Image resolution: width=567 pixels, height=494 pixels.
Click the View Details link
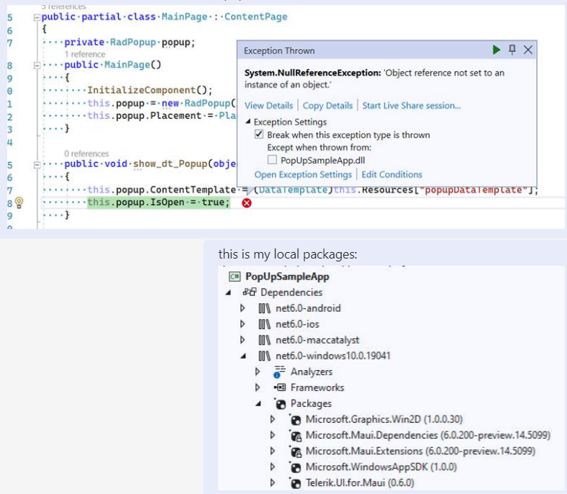click(268, 105)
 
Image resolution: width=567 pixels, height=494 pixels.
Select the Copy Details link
click(327, 105)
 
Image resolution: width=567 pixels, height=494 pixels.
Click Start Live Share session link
click(411, 105)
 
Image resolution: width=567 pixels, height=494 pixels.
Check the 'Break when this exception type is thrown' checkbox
click(259, 135)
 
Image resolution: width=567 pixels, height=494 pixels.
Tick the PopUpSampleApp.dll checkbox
click(272, 159)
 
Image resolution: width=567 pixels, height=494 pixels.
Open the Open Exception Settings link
click(303, 174)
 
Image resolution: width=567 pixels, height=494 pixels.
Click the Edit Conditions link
click(391, 174)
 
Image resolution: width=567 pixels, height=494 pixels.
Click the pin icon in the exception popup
click(512, 50)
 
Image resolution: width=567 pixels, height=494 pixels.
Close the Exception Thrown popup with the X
click(528, 50)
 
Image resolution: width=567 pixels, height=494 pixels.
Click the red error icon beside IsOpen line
click(247, 203)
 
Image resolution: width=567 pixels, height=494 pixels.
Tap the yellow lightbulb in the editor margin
click(19, 203)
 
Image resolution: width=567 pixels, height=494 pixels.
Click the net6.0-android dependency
click(308, 308)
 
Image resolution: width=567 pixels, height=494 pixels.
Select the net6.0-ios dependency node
click(298, 324)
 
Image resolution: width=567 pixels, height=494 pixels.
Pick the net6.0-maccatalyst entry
click(317, 340)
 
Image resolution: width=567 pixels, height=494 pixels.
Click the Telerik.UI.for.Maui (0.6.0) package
click(359, 482)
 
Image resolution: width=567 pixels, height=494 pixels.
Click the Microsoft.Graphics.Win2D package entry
click(373, 419)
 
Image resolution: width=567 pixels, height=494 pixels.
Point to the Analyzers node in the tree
click(311, 372)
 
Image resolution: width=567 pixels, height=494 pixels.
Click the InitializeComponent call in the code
click(150, 90)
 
